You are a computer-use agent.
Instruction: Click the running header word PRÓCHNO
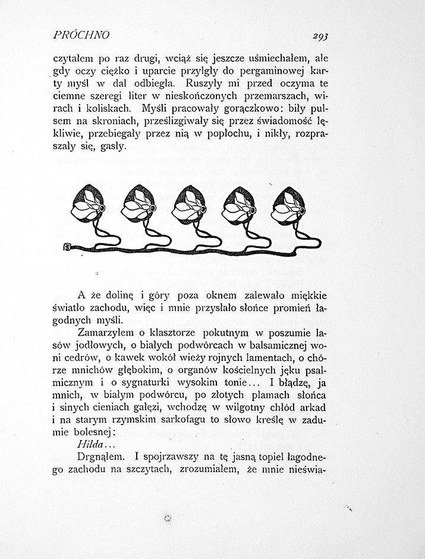pyautogui.click(x=81, y=34)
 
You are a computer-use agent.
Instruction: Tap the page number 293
pyautogui.click(x=320, y=36)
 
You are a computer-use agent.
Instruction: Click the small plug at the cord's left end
pyautogui.click(x=68, y=247)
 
